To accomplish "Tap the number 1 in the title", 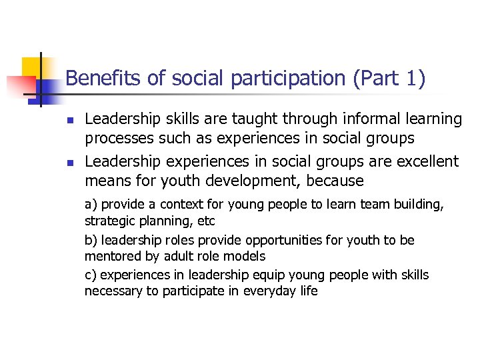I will click(410, 79).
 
